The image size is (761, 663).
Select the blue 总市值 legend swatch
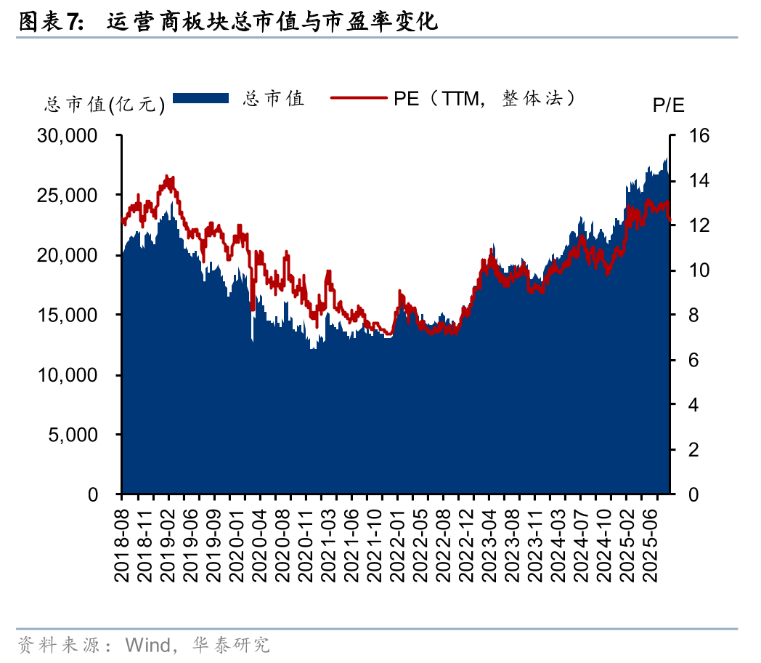tap(200, 98)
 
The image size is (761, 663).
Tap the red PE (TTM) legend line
tap(359, 98)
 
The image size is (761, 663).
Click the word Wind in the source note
tap(147, 645)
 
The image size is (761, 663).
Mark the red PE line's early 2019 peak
tap(168, 177)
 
